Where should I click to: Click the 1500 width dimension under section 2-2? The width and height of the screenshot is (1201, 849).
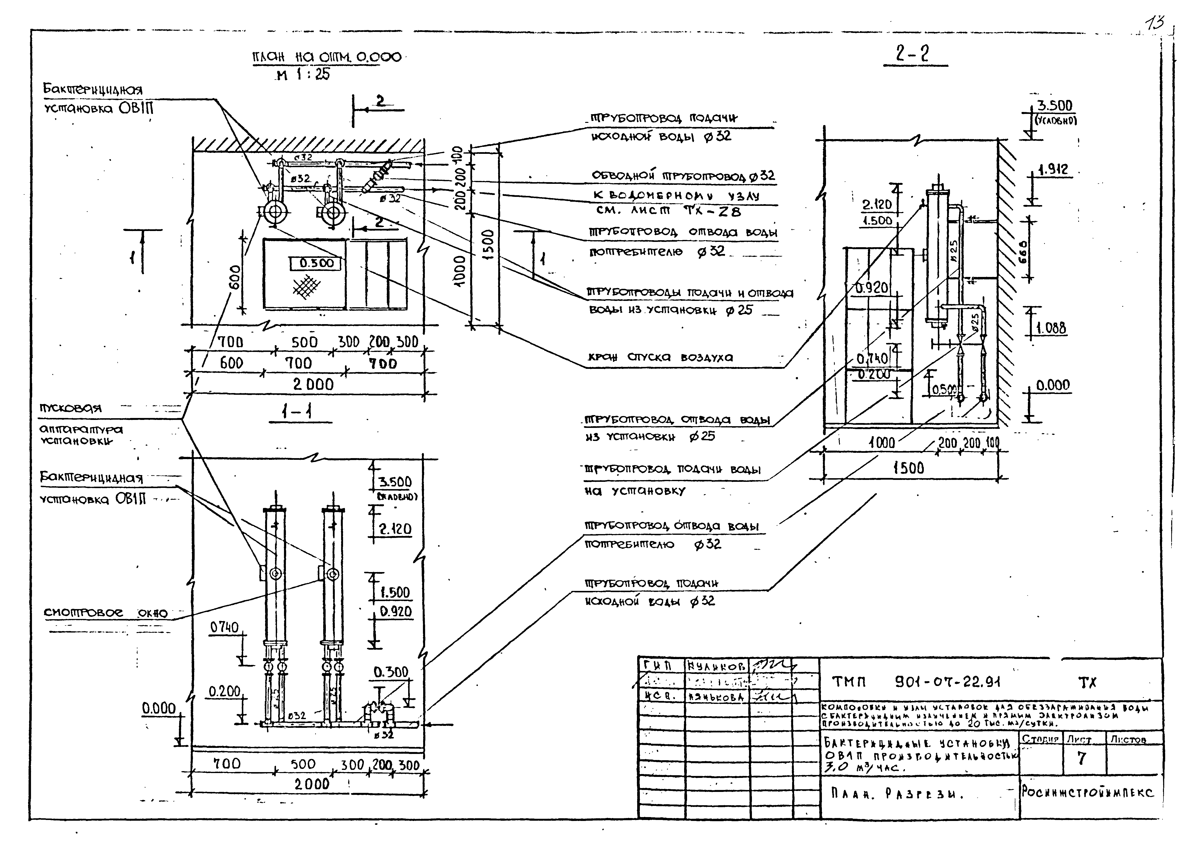point(909,468)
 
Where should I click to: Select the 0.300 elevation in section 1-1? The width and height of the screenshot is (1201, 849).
point(391,672)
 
